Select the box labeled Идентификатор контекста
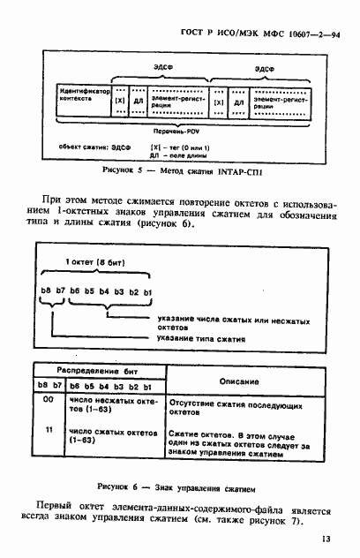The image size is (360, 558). click(83, 94)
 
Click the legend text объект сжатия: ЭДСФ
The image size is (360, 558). click(94, 145)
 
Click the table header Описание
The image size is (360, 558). click(234, 381)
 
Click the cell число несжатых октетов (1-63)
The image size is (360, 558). click(112, 405)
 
